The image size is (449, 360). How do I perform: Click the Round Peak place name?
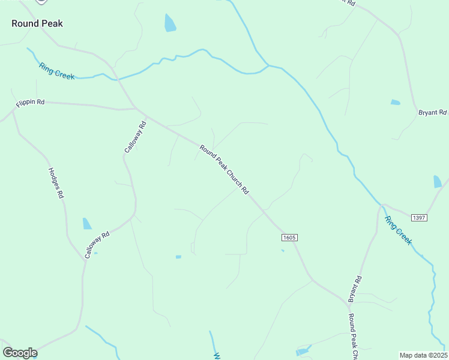37,24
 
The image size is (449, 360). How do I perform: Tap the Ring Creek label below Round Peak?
56,71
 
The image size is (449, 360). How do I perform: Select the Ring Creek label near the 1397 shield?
399,230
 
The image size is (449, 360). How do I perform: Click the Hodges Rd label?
55,182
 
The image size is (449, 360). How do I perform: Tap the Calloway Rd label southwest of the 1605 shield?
97,245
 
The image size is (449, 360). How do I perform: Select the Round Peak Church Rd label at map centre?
224,170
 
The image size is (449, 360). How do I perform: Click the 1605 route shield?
289,238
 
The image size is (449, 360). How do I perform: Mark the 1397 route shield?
419,217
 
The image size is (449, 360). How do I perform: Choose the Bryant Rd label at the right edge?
432,112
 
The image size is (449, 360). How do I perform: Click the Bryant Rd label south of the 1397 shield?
355,289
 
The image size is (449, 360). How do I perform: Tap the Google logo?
20,353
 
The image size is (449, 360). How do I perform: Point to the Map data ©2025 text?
423,355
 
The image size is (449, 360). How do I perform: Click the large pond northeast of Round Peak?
170,23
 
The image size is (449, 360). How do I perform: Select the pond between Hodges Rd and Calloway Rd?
87,224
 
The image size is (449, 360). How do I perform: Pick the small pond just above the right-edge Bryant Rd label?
395,103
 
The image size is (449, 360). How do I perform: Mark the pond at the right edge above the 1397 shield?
438,181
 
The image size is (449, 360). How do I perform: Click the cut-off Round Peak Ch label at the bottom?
353,337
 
